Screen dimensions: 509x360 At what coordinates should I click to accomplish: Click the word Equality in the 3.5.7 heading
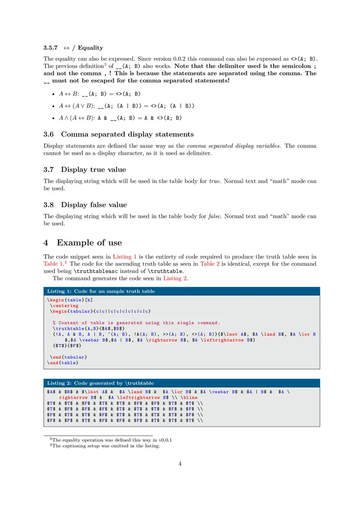pos(90,48)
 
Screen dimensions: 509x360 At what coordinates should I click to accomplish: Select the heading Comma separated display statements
pos(127,134)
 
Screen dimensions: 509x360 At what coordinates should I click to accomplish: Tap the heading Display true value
pos(94,170)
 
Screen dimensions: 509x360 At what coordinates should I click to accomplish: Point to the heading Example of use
pos(89,243)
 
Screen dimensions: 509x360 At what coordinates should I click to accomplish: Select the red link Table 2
pos(210,264)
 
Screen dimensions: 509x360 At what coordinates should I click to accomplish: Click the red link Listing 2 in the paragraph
pos(175,278)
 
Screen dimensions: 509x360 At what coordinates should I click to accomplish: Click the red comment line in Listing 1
pos(136,323)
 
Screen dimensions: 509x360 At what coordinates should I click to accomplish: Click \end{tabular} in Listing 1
pos(69,357)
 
